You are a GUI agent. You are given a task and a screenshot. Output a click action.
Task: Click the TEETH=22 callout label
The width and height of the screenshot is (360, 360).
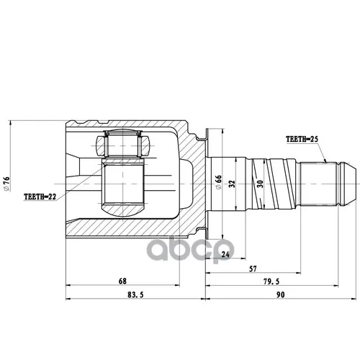coord(40,197)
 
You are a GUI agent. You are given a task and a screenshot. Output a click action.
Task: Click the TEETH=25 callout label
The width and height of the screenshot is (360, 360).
coord(302,139)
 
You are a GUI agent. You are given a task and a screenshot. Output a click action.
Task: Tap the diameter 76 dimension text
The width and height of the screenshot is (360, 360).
coord(6,184)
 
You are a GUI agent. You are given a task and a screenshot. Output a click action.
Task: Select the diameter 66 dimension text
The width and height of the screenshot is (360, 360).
coord(219,182)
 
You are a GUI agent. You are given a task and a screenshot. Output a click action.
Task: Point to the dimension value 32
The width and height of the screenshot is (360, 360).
coord(232,184)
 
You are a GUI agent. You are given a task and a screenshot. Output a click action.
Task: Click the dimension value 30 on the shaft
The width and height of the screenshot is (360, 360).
coord(260,184)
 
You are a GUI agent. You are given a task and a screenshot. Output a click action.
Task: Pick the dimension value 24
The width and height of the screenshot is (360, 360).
coord(225,254)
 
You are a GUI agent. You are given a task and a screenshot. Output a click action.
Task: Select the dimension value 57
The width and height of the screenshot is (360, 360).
coord(253,269)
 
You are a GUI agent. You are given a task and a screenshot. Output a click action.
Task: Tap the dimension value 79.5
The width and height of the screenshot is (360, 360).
coord(271,282)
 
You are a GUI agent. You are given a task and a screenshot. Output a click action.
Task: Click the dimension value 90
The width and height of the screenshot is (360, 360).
coord(280,294)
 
